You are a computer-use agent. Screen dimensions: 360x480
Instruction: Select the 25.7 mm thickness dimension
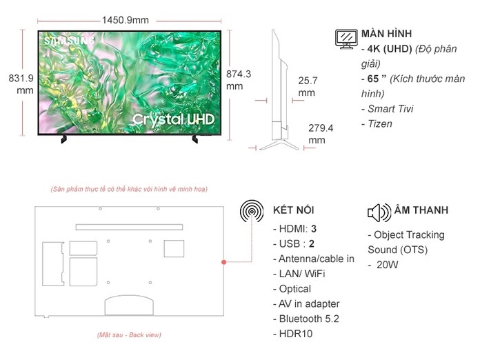(308, 86)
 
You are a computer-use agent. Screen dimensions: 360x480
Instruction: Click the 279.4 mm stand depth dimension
(321, 134)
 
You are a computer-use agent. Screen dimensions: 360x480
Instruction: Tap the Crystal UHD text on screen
(173, 119)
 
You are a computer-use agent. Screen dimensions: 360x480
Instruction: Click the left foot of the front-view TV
(64, 139)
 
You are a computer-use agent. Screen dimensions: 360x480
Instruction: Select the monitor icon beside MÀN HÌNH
(346, 39)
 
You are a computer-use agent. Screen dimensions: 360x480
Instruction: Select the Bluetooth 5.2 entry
(308, 319)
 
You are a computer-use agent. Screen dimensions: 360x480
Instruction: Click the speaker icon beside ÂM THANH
(379, 211)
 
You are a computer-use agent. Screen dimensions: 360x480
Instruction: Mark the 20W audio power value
(388, 265)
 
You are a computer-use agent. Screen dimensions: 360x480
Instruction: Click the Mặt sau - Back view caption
(130, 334)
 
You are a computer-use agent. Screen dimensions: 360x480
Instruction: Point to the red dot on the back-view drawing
(224, 263)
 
